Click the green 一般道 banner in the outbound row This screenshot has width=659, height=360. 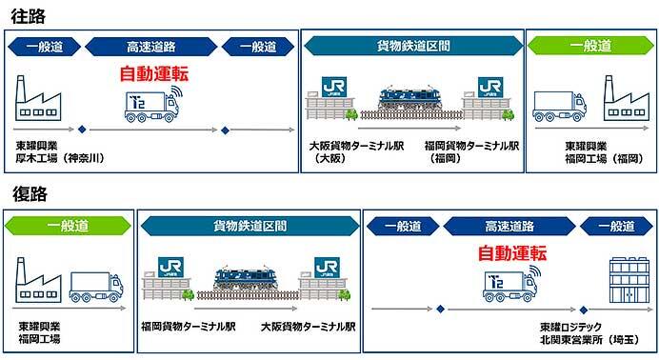[589, 46]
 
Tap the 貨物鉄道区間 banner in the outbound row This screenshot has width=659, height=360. [412, 46]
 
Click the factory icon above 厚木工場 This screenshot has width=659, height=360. [39, 98]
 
